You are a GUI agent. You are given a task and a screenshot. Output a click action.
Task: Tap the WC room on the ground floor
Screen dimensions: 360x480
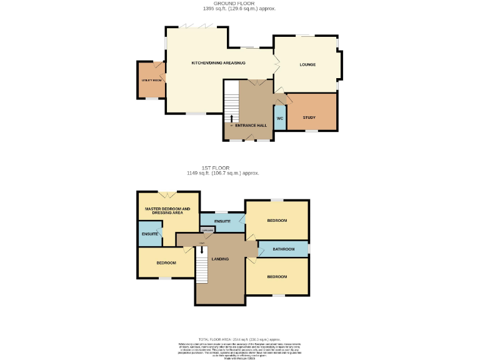point(280,117)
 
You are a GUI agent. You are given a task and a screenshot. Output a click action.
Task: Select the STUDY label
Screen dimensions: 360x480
point(309,117)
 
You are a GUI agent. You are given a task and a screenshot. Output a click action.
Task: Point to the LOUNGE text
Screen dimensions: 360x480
point(307,64)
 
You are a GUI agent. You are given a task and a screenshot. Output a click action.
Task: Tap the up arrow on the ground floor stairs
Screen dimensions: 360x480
point(232,117)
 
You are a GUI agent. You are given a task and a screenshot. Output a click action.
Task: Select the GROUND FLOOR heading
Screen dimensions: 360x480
point(239,4)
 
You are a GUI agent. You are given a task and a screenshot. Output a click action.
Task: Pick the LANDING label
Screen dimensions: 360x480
point(219,259)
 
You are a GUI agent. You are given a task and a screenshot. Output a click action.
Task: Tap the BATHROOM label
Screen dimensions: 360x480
point(283,249)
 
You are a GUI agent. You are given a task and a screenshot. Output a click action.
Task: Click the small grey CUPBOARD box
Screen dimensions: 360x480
point(207,230)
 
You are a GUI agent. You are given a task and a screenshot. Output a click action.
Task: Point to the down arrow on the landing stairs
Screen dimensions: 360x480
point(201,249)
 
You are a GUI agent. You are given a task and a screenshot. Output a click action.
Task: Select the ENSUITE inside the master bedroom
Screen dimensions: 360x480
point(149,234)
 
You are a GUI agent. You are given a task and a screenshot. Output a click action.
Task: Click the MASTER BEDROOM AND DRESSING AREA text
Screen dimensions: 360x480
point(167,211)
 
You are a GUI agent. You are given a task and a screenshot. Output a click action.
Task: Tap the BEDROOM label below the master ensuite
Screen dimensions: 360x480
point(166,262)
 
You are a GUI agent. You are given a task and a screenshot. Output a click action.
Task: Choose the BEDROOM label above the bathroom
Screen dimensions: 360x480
point(277,221)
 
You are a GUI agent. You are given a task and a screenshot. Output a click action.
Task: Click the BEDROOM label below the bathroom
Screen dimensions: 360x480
point(277,276)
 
